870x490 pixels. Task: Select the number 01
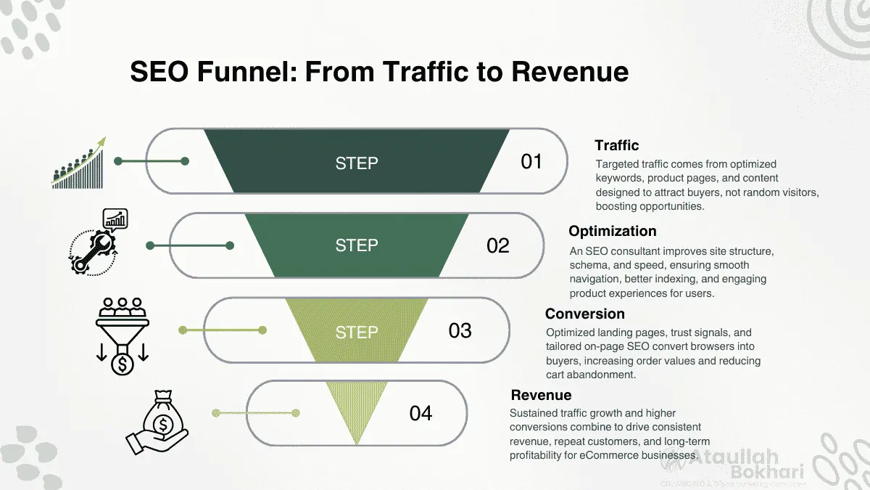point(531,162)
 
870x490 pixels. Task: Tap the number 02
point(498,245)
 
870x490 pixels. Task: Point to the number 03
point(460,331)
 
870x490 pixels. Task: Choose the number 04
point(420,413)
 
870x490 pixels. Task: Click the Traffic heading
point(616,145)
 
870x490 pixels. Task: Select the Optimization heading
point(612,231)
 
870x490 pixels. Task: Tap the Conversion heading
point(584,314)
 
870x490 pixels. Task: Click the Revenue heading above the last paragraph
point(541,395)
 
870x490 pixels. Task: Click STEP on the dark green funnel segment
point(356,163)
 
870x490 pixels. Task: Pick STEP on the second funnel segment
point(356,245)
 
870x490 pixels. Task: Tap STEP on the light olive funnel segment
point(356,332)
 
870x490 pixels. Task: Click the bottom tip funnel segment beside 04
point(355,410)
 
